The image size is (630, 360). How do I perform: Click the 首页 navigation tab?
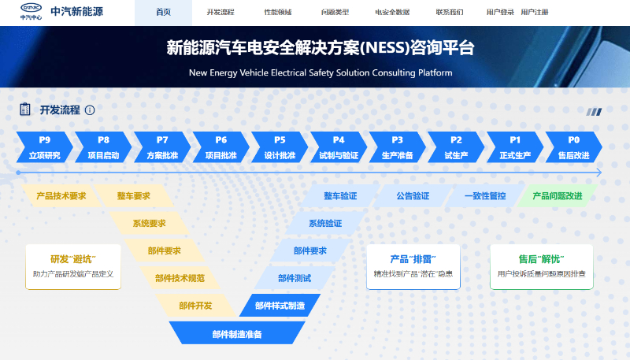163,13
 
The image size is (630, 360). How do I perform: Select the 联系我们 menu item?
450,13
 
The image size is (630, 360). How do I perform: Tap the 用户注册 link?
535,13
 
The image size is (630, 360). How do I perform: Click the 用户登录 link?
500,13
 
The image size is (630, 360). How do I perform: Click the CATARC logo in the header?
31,11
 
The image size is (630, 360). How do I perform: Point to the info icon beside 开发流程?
90,110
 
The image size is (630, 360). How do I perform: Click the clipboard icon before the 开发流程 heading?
25,109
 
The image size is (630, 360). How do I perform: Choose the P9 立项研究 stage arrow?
45,147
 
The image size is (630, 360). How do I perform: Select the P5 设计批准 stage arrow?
280,147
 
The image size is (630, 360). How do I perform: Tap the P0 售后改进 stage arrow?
574,147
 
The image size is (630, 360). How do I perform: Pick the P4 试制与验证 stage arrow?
339,147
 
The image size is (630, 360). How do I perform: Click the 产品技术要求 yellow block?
61,196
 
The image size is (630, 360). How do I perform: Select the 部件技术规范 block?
180,278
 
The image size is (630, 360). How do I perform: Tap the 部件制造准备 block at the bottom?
237,333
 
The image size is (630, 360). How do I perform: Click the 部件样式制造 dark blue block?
280,306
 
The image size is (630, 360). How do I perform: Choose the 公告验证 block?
413,196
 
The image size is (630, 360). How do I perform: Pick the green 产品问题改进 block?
558,196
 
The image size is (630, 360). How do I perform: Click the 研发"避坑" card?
73,267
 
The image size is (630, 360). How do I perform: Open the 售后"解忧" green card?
541,267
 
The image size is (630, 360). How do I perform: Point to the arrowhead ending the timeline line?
598,173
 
